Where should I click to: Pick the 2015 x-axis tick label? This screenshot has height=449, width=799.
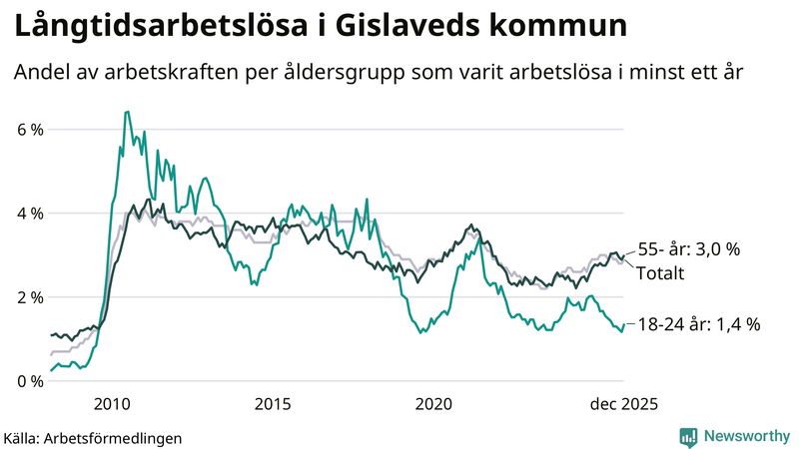(x=273, y=403)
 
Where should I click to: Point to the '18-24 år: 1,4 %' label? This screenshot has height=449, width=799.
(x=699, y=323)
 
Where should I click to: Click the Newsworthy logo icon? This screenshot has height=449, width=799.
(x=688, y=436)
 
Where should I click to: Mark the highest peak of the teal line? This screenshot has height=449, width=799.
(x=126, y=112)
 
